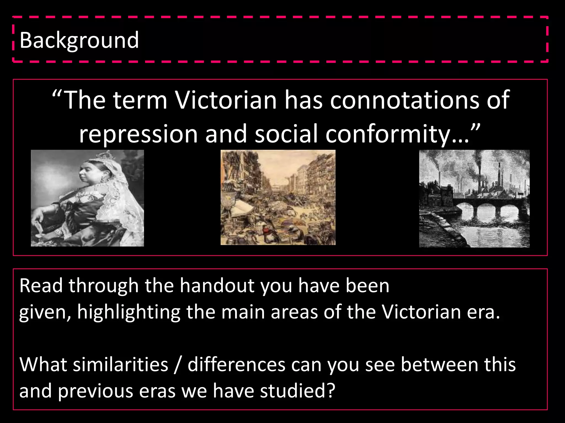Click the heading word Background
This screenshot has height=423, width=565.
[79, 40]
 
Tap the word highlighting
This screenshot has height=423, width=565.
[129, 312]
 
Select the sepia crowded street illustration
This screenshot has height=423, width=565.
[278, 197]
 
